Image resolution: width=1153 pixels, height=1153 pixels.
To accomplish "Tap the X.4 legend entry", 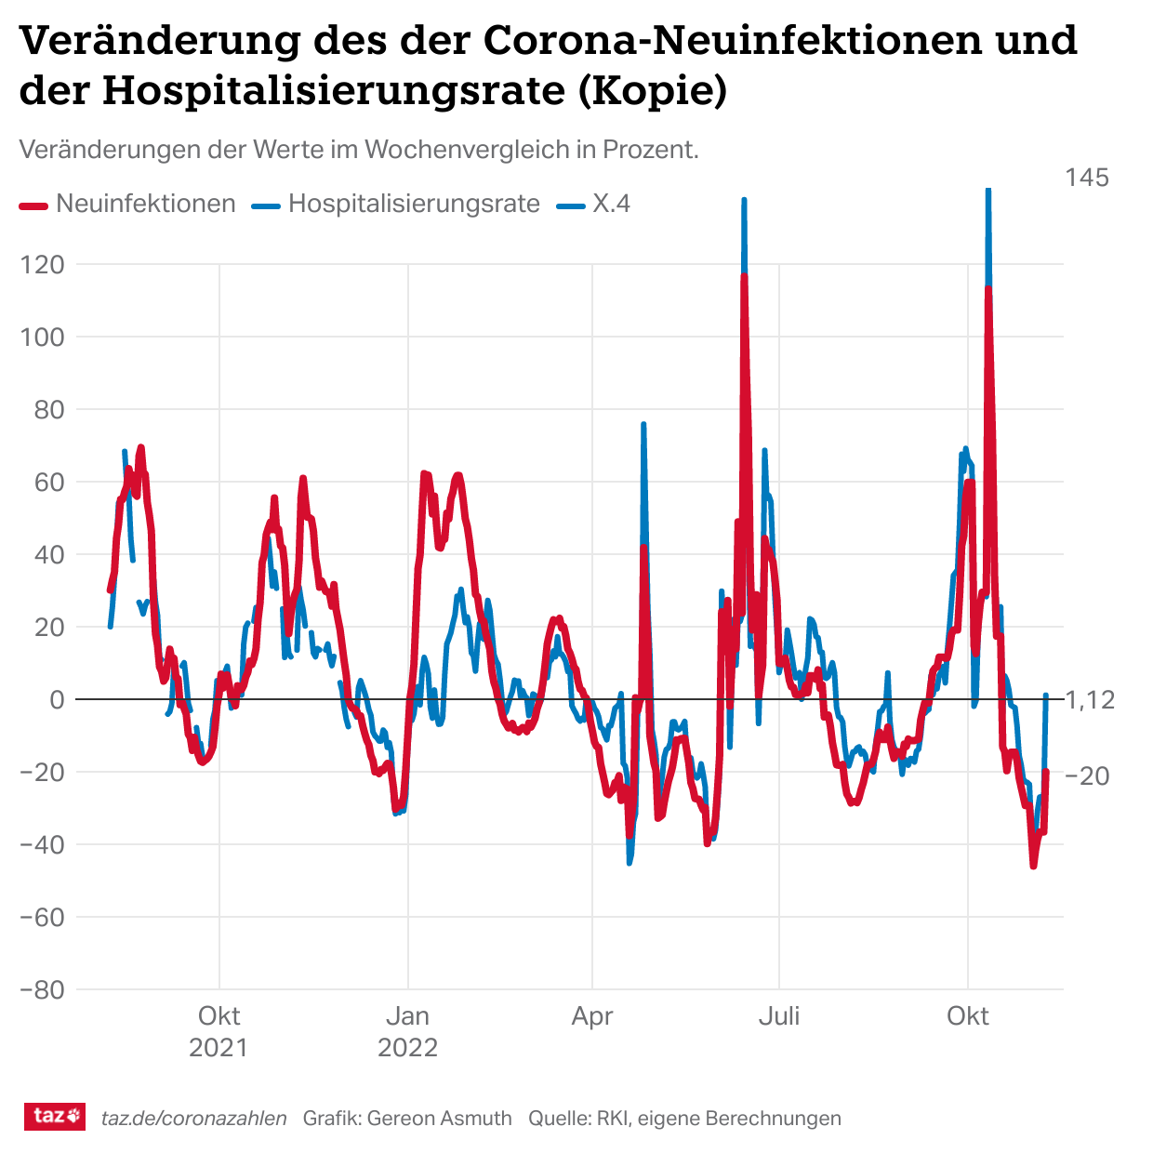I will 594,204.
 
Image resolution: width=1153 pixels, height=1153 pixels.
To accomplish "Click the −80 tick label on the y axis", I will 43,989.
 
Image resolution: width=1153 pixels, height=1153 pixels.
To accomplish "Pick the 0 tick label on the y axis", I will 57,699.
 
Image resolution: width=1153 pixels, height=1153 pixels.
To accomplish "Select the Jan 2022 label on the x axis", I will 407,1031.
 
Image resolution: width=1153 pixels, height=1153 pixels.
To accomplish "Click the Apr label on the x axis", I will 592,1016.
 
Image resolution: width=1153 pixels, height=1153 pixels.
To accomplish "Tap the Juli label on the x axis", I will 779,1016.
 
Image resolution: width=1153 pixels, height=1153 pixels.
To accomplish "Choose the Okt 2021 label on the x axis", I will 219,1031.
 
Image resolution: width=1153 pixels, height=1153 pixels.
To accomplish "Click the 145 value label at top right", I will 1087,178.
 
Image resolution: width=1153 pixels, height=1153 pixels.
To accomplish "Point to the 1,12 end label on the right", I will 1089,699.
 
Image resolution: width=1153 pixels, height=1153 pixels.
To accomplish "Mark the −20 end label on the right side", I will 1087,775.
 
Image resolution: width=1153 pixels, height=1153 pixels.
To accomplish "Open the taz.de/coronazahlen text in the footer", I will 193,1119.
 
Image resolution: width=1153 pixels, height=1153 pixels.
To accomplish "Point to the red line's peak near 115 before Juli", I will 745,278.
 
